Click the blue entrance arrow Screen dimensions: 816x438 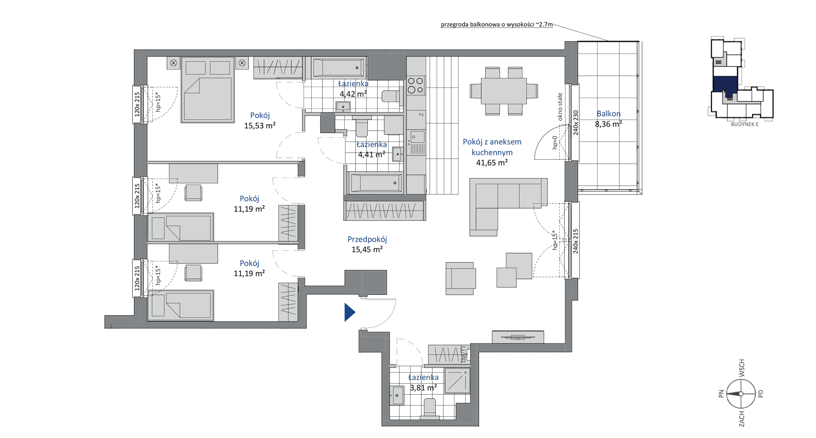point(349,312)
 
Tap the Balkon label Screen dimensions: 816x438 point(608,114)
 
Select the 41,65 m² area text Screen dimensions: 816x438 point(492,163)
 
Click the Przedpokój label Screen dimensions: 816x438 point(367,239)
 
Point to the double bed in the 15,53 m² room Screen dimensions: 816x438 point(208,89)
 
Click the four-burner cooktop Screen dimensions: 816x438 point(416,85)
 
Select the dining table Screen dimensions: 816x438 point(504,91)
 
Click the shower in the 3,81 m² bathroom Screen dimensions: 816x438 point(457,381)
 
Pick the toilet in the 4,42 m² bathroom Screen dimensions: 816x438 point(391,96)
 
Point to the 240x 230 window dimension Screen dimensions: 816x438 point(576,123)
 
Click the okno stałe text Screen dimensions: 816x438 point(560,107)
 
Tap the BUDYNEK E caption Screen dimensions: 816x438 point(745,124)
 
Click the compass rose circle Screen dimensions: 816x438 point(741,393)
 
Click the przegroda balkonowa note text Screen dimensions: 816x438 point(496,25)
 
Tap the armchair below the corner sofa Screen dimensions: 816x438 point(460,278)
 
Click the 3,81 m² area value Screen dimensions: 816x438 point(423,388)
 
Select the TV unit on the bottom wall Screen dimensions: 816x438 point(518,337)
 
